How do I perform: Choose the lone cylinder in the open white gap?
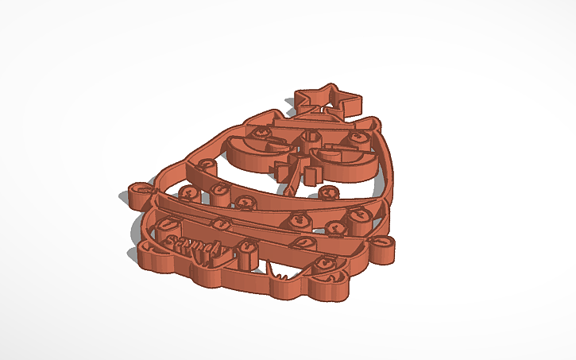pos(326,193)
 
